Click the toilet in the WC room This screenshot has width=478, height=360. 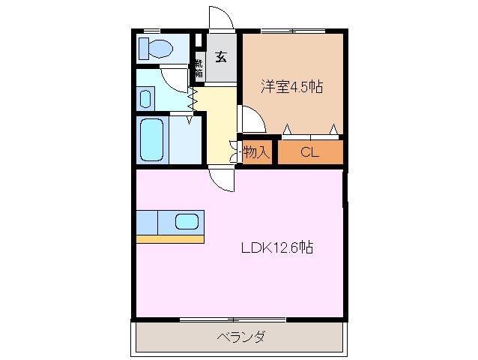point(157,49)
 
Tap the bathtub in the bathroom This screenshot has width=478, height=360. point(152,140)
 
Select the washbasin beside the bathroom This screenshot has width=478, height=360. point(146,97)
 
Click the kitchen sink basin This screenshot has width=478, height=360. point(187,221)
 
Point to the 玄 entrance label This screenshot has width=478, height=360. point(223,57)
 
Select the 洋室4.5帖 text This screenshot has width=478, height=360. point(291,87)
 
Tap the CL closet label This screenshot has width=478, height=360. point(310,152)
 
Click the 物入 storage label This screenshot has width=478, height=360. point(256,152)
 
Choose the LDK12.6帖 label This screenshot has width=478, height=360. point(276,248)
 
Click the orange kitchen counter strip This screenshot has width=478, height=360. point(170,239)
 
